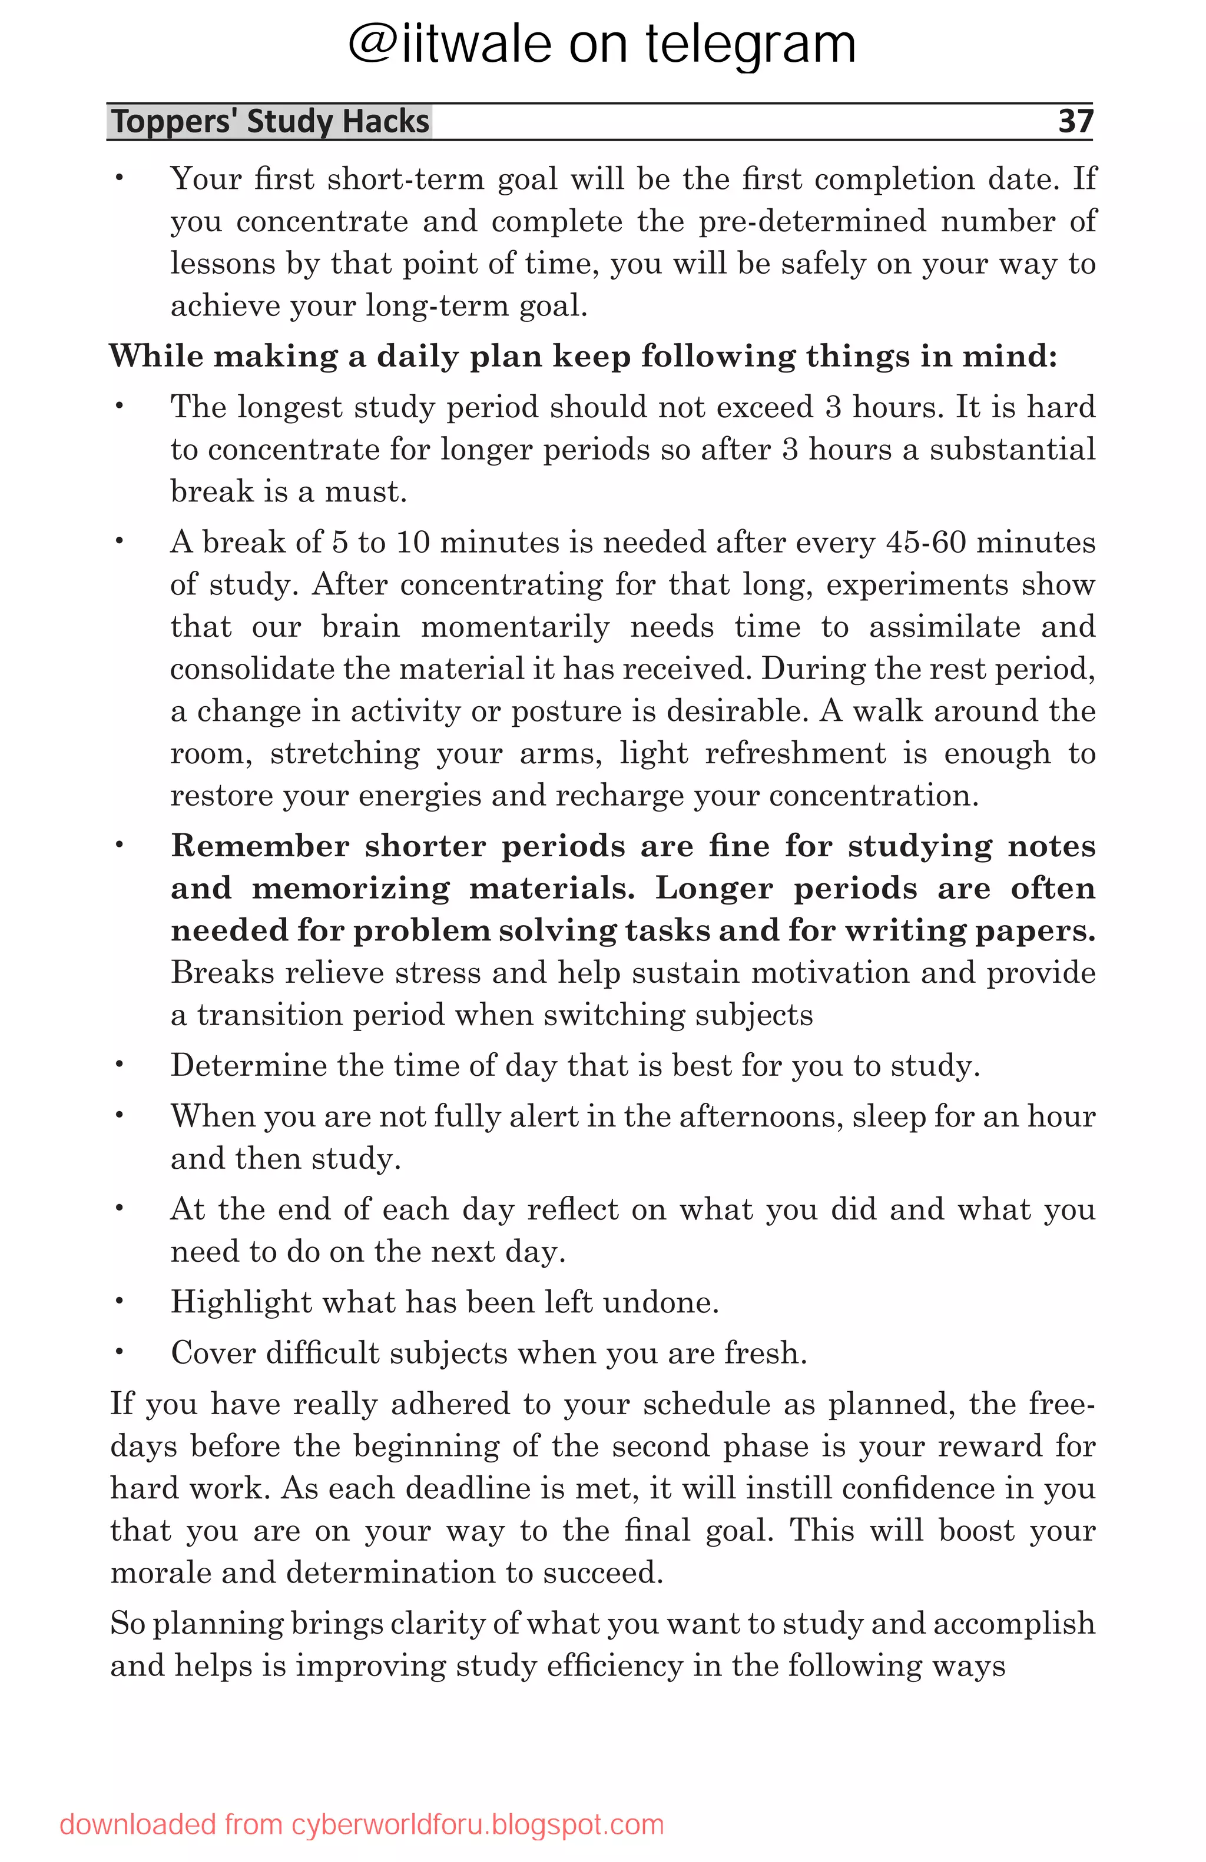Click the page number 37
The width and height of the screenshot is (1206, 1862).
(1075, 121)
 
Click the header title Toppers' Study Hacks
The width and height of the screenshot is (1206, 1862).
(270, 122)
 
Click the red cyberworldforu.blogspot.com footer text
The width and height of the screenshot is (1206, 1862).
(362, 1824)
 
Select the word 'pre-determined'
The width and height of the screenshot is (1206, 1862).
(813, 221)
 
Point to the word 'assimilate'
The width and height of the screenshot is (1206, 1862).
(945, 627)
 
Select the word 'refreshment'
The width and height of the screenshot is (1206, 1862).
(795, 753)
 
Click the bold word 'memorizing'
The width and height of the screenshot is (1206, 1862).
(350, 888)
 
